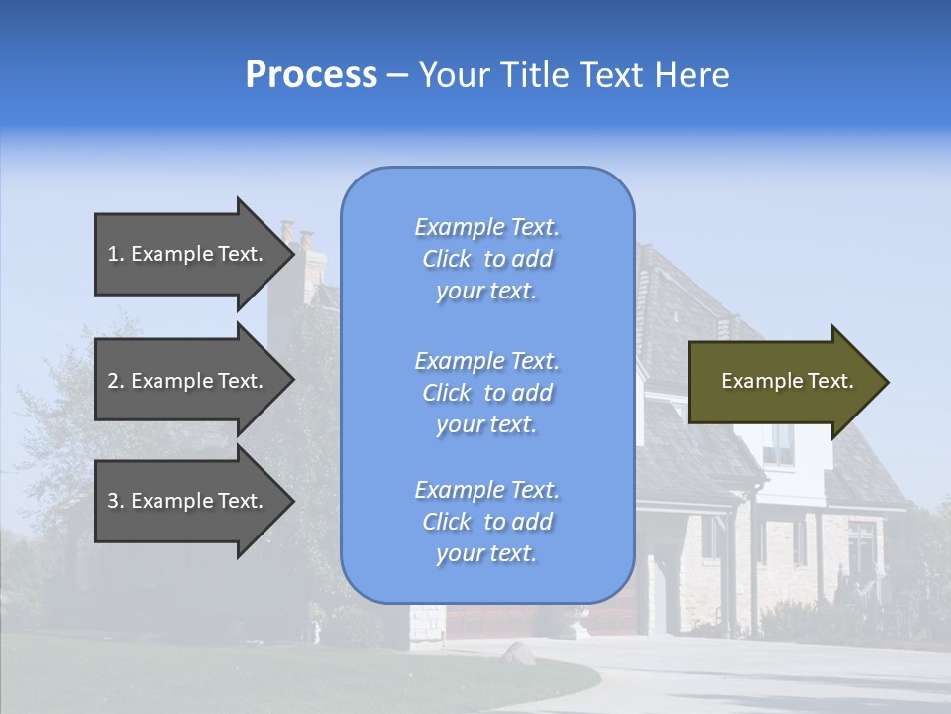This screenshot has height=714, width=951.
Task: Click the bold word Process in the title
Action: point(311,75)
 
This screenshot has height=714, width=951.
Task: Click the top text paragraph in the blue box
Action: point(486,259)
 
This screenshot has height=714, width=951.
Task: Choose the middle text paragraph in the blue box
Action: point(486,393)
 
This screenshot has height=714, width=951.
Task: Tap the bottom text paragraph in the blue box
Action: point(486,522)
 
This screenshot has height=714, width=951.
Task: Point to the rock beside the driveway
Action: point(517,653)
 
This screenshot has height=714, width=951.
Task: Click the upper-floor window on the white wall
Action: point(780,443)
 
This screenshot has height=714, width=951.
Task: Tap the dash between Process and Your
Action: point(398,75)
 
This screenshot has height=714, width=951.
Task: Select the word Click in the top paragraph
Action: point(447,259)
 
